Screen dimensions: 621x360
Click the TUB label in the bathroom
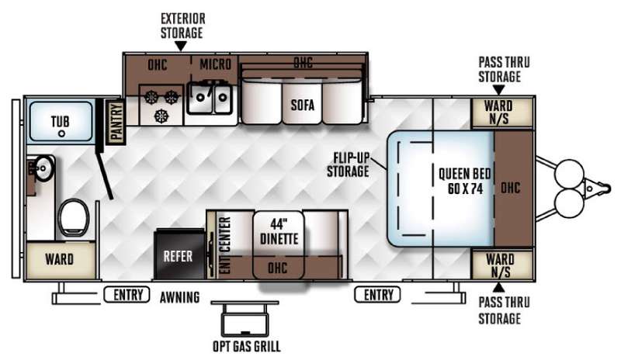(61, 121)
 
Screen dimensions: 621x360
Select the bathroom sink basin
(43, 168)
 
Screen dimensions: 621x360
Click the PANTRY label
(117, 122)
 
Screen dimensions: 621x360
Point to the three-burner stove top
(161, 105)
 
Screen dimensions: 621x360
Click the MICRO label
(215, 64)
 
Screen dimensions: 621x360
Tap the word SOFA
(303, 105)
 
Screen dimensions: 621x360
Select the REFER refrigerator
(180, 254)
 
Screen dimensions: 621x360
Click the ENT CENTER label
(224, 245)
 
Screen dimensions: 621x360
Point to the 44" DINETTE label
(279, 232)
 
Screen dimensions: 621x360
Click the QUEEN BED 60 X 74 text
(464, 182)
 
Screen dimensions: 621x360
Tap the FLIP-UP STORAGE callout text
(348, 164)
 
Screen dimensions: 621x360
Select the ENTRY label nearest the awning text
(128, 295)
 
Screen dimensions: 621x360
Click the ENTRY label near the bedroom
(378, 295)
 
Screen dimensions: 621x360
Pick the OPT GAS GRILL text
(247, 346)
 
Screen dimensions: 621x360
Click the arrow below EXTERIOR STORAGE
(181, 47)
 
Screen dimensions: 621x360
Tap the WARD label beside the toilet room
(60, 259)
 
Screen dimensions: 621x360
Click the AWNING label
(180, 297)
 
